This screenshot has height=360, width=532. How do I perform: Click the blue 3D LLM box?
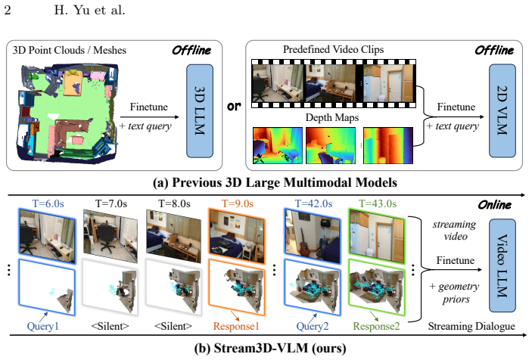click(x=200, y=111)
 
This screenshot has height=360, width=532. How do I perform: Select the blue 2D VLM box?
click(x=502, y=110)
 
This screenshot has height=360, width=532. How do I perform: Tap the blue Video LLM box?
click(x=502, y=265)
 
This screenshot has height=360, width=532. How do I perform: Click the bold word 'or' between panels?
click(x=234, y=106)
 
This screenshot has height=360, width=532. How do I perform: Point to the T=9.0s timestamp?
click(x=238, y=203)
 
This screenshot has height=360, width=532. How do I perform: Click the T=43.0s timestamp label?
click(x=378, y=203)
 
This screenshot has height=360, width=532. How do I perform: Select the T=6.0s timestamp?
click(x=48, y=203)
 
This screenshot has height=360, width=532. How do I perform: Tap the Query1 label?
click(x=42, y=326)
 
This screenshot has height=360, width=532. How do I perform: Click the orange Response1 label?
click(x=236, y=326)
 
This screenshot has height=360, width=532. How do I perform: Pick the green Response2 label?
click(x=376, y=326)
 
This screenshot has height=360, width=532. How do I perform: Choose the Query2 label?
click(x=313, y=326)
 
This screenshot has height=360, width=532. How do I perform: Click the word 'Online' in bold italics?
click(x=494, y=205)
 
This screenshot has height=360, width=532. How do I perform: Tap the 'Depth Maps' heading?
click(x=331, y=117)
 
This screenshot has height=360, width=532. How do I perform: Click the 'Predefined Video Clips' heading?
click(x=333, y=49)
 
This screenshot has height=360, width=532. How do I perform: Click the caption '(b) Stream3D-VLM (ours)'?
click(x=270, y=348)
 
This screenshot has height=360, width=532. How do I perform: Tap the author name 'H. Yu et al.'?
click(x=89, y=10)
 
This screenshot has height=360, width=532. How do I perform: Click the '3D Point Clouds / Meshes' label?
click(x=69, y=50)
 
